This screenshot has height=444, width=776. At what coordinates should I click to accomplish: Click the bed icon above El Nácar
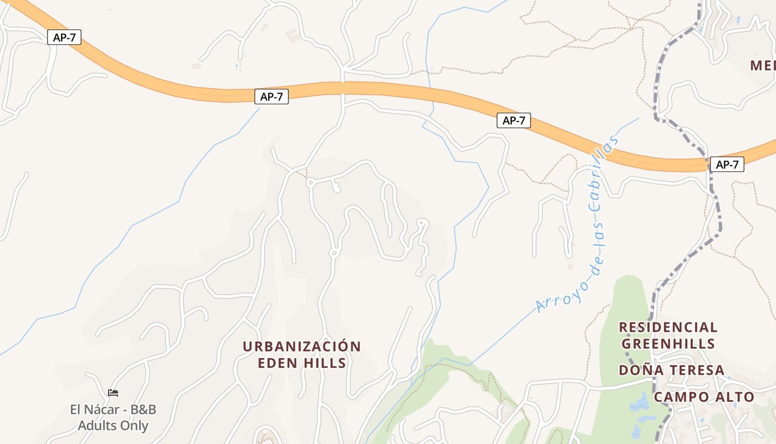click(113, 393)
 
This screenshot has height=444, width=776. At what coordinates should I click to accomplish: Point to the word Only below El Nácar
click(134, 426)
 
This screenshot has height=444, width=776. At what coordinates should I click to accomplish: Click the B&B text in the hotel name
click(141, 410)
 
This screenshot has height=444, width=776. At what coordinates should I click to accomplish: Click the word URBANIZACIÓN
click(302, 347)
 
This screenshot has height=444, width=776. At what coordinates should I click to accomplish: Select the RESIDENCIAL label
click(668, 327)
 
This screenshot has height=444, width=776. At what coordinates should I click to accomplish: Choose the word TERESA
click(693, 370)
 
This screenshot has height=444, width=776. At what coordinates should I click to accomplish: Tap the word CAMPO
click(681, 397)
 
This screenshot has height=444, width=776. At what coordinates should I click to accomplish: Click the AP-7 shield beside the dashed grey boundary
click(727, 164)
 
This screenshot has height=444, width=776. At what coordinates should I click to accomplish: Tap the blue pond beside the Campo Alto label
click(640, 402)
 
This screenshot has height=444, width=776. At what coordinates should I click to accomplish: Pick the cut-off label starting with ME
click(763, 66)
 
